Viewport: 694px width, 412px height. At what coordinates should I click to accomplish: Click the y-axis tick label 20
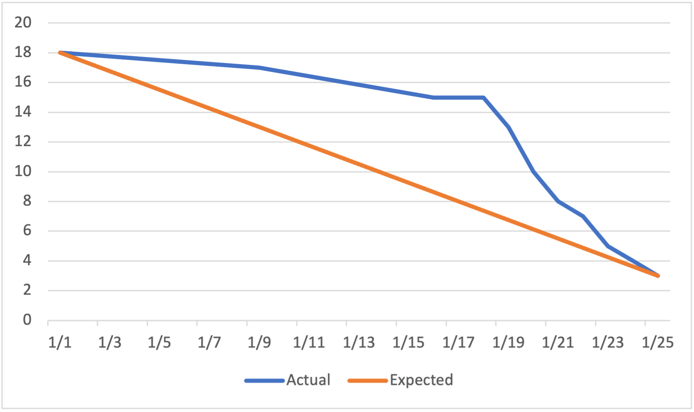tap(23, 22)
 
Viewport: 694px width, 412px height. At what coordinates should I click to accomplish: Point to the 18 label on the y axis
tap(23, 52)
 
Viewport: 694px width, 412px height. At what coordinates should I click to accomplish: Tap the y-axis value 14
tap(23, 112)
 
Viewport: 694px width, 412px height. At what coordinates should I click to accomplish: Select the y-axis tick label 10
tap(23, 171)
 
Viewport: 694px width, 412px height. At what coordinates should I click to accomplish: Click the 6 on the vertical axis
tap(27, 231)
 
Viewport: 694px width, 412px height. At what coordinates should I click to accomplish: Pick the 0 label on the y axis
tap(27, 320)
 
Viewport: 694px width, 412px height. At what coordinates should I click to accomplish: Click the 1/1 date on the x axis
tap(60, 343)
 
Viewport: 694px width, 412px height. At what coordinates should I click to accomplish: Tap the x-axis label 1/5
tap(159, 343)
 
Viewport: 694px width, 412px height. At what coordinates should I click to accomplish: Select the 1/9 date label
tap(259, 343)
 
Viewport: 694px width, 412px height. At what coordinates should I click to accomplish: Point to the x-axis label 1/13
tap(359, 343)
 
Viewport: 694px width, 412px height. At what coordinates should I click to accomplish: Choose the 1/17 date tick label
tap(458, 343)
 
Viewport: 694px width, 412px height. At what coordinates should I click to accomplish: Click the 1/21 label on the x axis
tap(558, 343)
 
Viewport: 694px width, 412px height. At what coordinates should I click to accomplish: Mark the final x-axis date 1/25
tap(657, 343)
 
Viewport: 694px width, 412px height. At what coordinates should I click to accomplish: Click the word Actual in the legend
tap(308, 380)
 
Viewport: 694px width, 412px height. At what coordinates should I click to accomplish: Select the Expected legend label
tap(421, 380)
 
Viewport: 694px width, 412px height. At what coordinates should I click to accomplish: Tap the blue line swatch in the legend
tap(264, 380)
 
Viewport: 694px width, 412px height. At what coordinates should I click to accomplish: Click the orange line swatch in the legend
tap(367, 380)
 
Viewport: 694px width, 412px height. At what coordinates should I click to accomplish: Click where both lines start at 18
tap(60, 53)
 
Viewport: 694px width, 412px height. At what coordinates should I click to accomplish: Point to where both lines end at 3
tap(658, 275)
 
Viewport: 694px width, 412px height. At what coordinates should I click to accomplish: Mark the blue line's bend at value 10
tap(533, 171)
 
